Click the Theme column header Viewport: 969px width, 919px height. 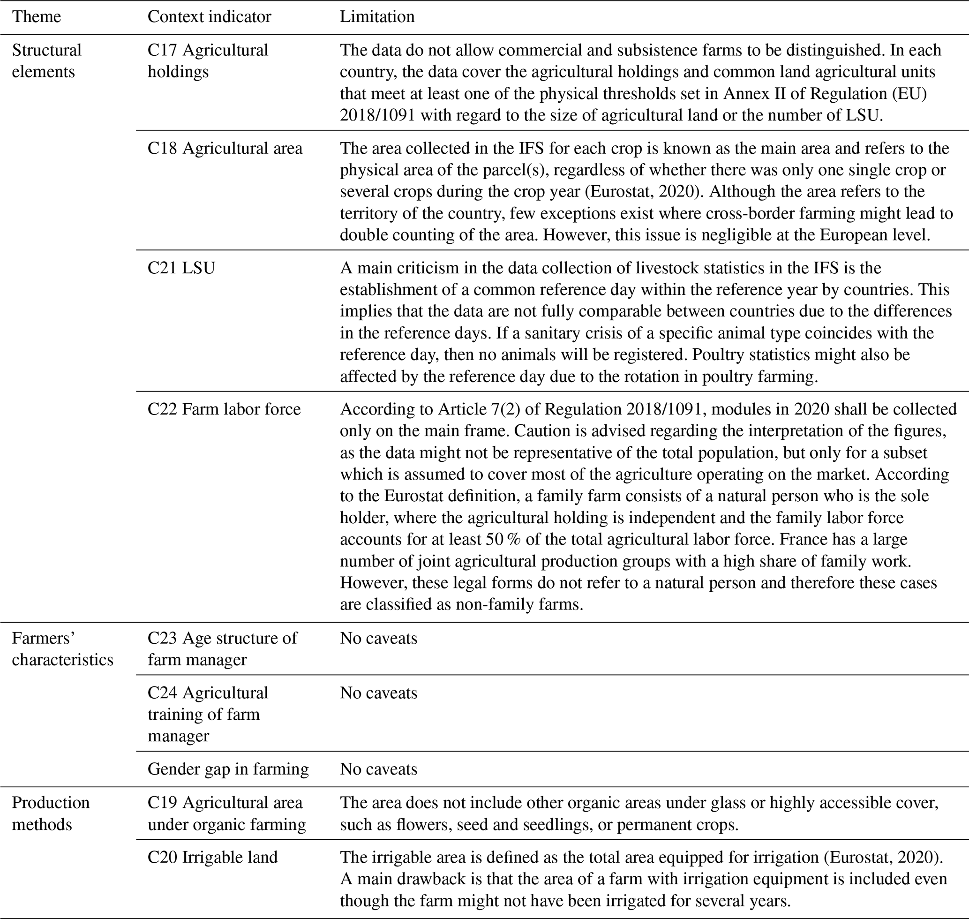[36, 17]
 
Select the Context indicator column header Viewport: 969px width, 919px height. [209, 17]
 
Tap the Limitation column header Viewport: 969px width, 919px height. [377, 17]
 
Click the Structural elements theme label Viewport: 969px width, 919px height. [46, 61]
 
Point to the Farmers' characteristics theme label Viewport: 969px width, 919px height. [62, 648]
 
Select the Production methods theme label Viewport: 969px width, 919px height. [51, 813]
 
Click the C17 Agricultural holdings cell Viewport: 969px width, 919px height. [208, 61]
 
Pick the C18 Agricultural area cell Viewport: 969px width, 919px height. [225, 149]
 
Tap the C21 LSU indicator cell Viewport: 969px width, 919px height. [181, 268]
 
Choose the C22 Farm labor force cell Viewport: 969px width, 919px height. [224, 409]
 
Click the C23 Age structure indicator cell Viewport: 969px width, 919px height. [222, 648]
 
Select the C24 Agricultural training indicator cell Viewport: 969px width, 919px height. [208, 714]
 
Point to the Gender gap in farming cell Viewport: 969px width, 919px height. [228, 769]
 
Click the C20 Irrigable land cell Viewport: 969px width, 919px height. [213, 857]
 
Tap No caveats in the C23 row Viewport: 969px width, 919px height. [379, 638]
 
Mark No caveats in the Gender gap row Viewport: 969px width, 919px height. [379, 769]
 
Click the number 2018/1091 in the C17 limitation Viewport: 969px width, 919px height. [377, 115]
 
